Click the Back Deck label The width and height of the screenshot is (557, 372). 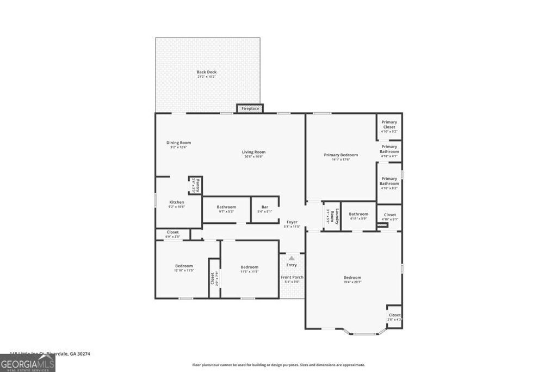pyautogui.click(x=207, y=74)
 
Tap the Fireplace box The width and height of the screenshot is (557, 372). pyautogui.click(x=250, y=108)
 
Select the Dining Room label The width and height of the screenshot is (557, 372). pyautogui.click(x=178, y=145)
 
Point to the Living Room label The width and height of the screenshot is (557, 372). pyautogui.click(x=253, y=154)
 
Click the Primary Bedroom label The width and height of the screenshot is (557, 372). pyautogui.click(x=341, y=157)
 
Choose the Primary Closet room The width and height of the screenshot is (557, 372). pyautogui.click(x=389, y=126)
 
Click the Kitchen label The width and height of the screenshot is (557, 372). pyautogui.click(x=177, y=204)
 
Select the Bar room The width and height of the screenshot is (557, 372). pyautogui.click(x=264, y=209)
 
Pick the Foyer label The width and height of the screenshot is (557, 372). pyautogui.click(x=292, y=224)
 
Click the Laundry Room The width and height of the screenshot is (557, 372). pyautogui.click(x=332, y=217)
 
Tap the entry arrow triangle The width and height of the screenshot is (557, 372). pyautogui.click(x=292, y=258)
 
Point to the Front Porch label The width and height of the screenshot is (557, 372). pyautogui.click(x=292, y=279)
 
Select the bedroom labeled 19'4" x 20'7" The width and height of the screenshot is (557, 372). pyautogui.click(x=352, y=279)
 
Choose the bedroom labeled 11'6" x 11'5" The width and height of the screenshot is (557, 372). pyautogui.click(x=249, y=269)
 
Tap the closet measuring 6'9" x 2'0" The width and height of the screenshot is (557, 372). pyautogui.click(x=172, y=234)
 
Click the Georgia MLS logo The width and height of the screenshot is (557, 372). pyautogui.click(x=28, y=363)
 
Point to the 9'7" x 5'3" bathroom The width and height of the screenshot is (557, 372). pyautogui.click(x=226, y=209)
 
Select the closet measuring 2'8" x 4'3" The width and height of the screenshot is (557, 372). pyautogui.click(x=394, y=317)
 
